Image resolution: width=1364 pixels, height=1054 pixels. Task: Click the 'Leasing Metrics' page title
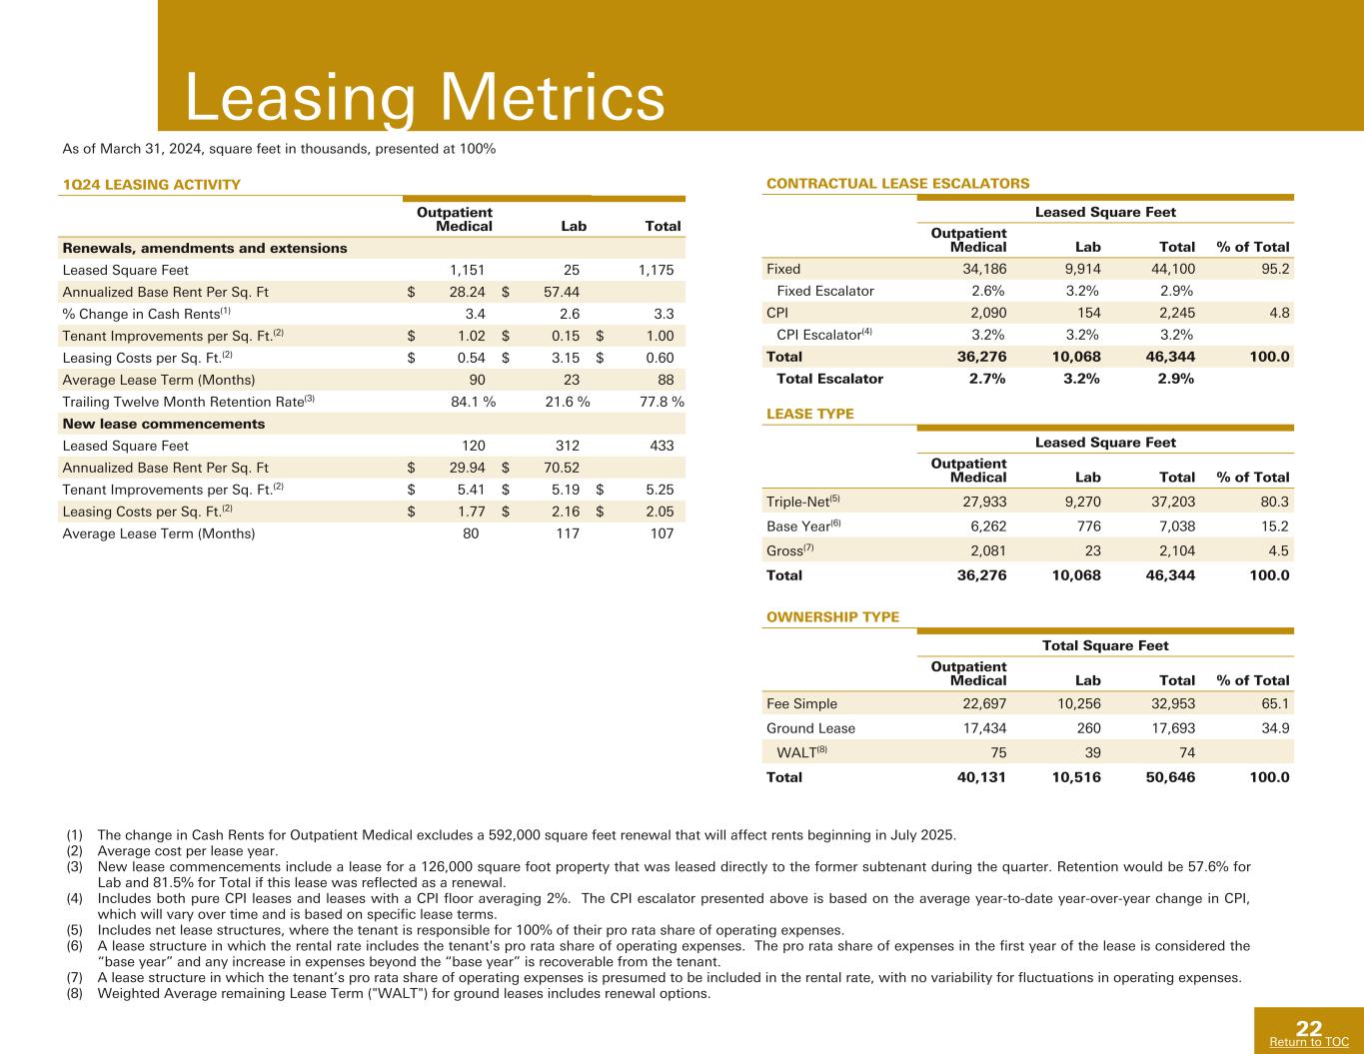coord(425,97)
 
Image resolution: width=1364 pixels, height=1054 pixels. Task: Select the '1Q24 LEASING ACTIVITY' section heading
coord(151,185)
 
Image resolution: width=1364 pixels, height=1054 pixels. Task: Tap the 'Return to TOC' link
coord(1309,1042)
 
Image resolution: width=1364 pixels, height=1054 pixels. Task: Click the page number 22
coord(1309,1028)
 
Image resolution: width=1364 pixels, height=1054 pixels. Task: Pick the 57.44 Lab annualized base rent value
coord(562,292)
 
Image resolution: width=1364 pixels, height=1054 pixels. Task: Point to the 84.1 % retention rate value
coord(473,402)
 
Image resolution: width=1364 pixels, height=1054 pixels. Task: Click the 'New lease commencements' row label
coord(163,424)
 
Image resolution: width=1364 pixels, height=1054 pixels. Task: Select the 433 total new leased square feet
coord(662,446)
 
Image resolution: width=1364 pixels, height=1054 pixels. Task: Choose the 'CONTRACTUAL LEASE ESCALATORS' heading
coord(897,183)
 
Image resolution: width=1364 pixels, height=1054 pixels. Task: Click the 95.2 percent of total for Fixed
coord(1275,269)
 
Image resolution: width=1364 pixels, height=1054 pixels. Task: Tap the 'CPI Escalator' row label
coord(824,335)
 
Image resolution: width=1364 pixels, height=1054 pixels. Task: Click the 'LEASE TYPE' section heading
coord(809,414)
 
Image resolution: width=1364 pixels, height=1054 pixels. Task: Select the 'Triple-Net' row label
coord(802,502)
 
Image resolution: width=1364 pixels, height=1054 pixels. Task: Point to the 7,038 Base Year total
coord(1177,526)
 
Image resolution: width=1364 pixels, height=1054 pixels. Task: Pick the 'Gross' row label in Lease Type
coord(789,550)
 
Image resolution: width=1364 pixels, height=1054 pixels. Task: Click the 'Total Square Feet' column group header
coord(1105,645)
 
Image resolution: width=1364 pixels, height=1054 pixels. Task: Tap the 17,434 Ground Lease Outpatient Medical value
coord(984,727)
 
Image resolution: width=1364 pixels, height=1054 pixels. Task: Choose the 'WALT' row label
coord(801,751)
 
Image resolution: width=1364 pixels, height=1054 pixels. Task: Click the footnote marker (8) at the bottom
coord(75,993)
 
